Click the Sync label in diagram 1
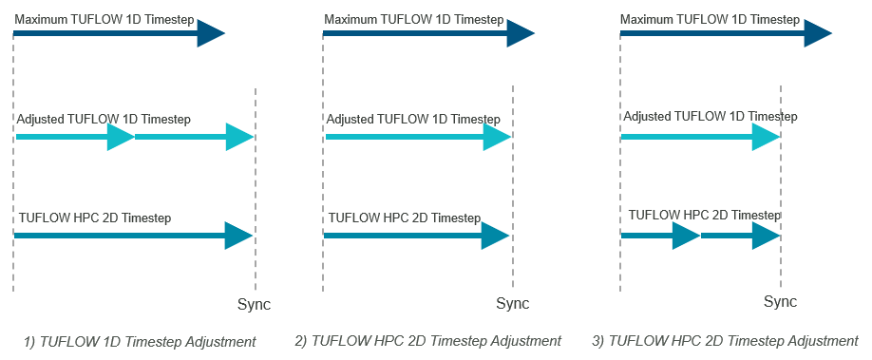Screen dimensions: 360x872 (x=254, y=305)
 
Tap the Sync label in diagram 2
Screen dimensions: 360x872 (x=513, y=305)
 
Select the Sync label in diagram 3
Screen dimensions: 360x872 (x=781, y=302)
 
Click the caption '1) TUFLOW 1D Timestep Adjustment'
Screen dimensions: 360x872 (x=140, y=341)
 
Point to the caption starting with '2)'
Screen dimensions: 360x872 (x=427, y=341)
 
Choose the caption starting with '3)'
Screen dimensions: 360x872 (x=725, y=341)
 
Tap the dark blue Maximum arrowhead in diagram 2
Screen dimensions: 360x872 (x=521, y=33)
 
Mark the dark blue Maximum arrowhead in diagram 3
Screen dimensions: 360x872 (x=818, y=33)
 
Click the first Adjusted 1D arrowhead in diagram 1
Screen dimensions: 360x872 (x=121, y=137)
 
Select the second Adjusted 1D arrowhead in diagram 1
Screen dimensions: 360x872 (x=239, y=137)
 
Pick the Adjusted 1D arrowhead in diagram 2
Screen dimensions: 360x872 (x=497, y=137)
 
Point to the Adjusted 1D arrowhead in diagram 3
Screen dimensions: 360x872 (x=766, y=137)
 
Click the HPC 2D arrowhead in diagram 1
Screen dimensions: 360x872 (x=238, y=236)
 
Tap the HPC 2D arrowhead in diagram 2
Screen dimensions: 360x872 (x=496, y=236)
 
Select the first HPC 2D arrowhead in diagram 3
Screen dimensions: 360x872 (x=686, y=236)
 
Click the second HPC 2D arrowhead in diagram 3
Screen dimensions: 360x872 (x=766, y=236)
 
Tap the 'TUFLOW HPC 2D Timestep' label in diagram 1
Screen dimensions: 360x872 (x=95, y=218)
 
